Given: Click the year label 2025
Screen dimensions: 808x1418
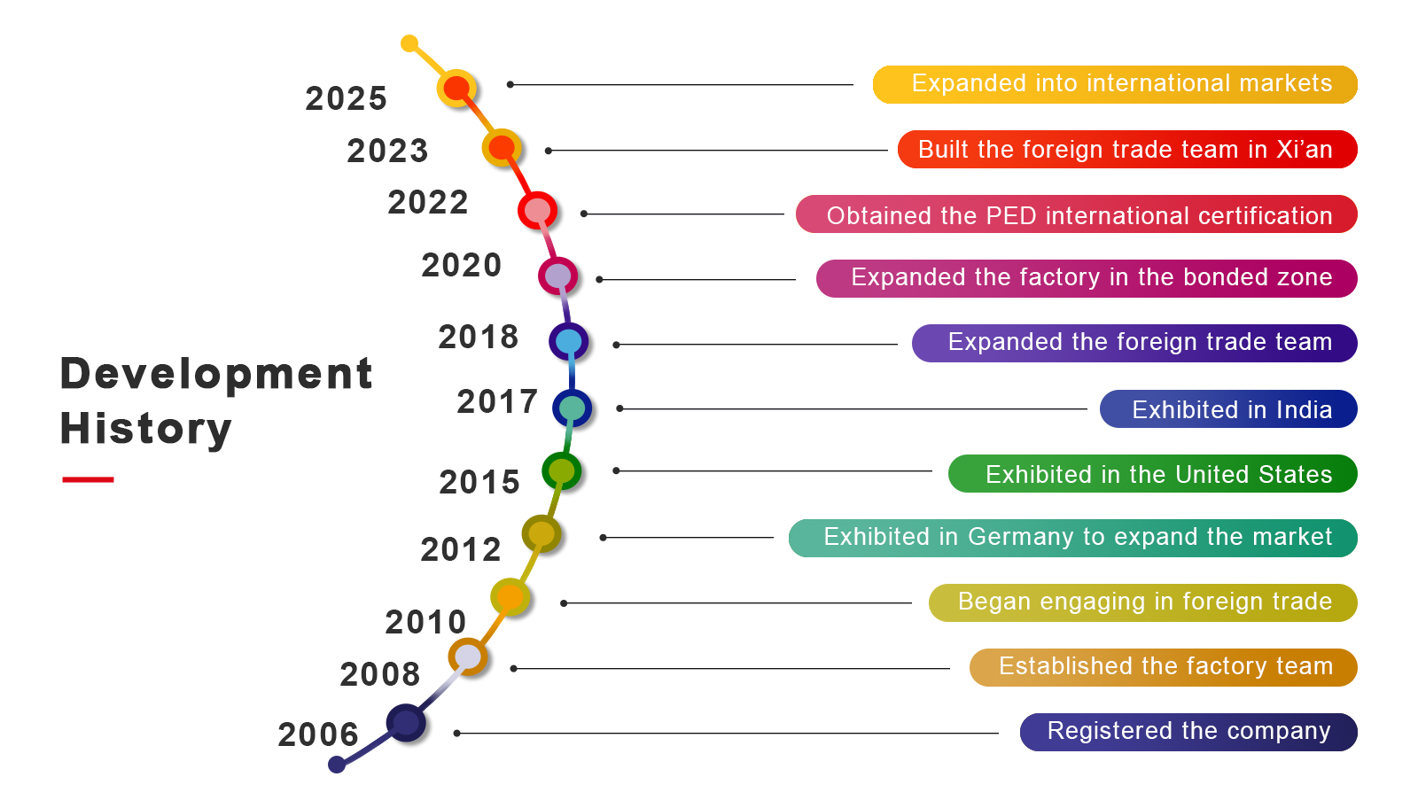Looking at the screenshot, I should click(346, 98).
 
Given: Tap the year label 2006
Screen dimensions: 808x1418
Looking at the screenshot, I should click(318, 734).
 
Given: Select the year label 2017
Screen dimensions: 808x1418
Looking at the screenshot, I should click(497, 402).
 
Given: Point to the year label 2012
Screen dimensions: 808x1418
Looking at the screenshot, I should click(461, 550).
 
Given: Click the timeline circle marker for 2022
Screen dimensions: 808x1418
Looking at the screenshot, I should click(538, 211).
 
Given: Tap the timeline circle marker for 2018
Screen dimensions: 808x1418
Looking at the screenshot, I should click(568, 342).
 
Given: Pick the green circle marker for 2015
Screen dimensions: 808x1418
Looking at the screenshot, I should click(561, 471).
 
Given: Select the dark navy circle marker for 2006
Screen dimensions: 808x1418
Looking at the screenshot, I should click(406, 723).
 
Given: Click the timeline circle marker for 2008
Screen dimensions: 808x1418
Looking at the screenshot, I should click(467, 657).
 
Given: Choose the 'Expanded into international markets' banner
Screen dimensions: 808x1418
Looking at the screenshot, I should click(1115, 84).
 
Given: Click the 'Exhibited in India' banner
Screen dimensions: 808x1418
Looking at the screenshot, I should click(1228, 409).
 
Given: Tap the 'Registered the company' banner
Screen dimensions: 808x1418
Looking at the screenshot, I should click(1188, 732).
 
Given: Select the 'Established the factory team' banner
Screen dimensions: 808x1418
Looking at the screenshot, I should click(1164, 667).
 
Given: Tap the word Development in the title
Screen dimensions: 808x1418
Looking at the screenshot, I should click(216, 374).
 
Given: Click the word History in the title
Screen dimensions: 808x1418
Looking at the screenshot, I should click(146, 429).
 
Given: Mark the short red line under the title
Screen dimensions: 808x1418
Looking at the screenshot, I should click(88, 479).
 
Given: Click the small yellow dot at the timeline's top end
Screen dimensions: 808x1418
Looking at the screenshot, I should click(409, 43).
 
